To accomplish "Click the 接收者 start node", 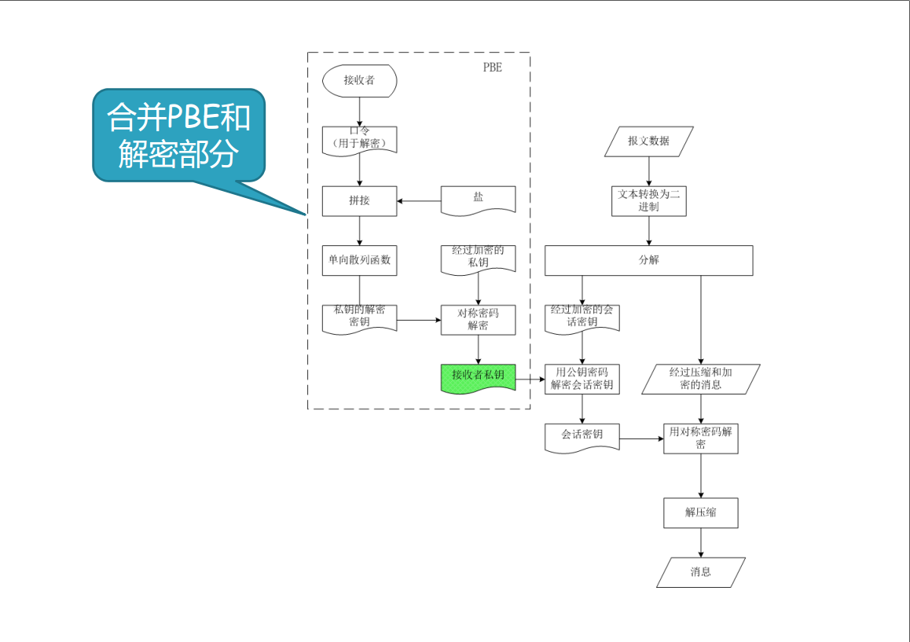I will point(359,81).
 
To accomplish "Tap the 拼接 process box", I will point(359,201).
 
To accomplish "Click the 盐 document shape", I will point(478,200).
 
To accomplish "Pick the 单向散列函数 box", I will point(359,261).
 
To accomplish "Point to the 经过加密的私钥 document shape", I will point(478,258).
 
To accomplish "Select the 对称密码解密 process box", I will point(478,320).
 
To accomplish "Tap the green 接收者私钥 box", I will point(478,377).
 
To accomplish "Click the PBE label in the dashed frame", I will point(492,68).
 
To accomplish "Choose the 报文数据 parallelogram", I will point(649,141).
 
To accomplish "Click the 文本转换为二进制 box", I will point(649,200).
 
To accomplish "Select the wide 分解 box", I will point(649,261).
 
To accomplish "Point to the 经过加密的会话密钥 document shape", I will point(582,317).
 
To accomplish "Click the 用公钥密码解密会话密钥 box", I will point(582,379).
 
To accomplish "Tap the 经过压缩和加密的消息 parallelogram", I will point(701,379).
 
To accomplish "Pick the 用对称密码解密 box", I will point(701,438).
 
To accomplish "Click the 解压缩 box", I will point(701,512).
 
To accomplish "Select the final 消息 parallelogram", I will point(701,572).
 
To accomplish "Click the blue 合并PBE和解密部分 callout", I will point(178,134).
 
